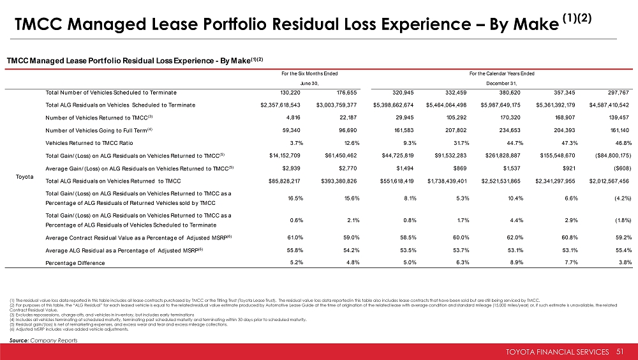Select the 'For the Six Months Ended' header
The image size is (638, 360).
pyautogui.click(x=309, y=73)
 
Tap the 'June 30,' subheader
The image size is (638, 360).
pyautogui.click(x=309, y=83)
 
